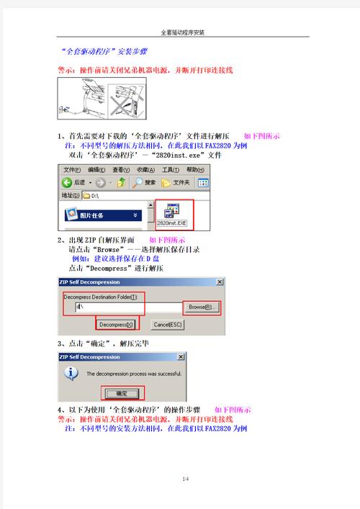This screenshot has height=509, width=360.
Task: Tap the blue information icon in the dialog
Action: point(71,374)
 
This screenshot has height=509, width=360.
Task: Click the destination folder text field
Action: point(126,307)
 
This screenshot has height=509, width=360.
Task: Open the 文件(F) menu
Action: point(71,169)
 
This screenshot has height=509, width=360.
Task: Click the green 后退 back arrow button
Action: point(67,182)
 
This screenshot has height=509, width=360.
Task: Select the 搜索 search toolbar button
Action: point(143,182)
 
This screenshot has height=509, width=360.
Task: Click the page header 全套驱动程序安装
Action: point(180,32)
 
